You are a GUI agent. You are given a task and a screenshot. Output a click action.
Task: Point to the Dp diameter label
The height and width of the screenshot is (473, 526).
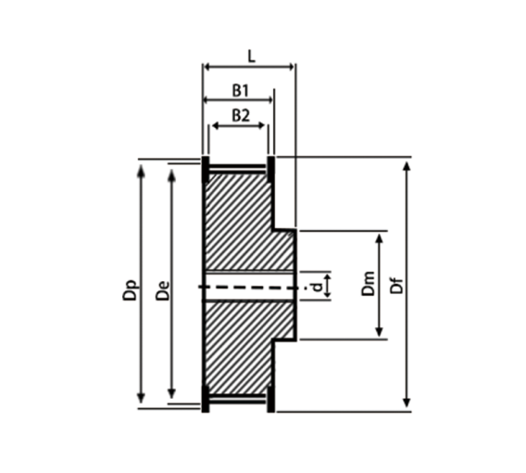(x=130, y=289)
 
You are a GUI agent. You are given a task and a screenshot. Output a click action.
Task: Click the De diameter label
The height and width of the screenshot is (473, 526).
(x=162, y=289)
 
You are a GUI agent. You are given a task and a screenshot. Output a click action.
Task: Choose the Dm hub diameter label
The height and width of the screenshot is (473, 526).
(x=368, y=285)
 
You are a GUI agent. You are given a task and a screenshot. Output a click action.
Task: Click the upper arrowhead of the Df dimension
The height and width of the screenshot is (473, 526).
(x=407, y=165)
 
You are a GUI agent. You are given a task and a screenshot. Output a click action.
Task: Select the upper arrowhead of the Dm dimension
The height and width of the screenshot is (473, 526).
(x=379, y=239)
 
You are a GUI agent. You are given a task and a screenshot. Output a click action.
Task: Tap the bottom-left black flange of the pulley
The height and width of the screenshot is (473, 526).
(x=206, y=400)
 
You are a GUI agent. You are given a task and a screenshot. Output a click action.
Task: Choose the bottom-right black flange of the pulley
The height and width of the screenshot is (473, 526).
(x=271, y=400)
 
